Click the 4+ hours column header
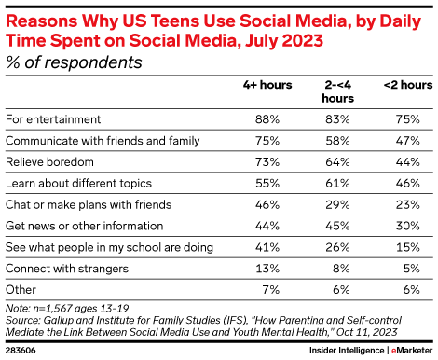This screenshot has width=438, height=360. [x=267, y=85]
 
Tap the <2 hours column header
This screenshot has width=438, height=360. [x=407, y=85]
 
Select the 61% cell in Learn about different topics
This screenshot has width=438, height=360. [x=340, y=183]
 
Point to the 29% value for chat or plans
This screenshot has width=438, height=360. [x=340, y=204]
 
